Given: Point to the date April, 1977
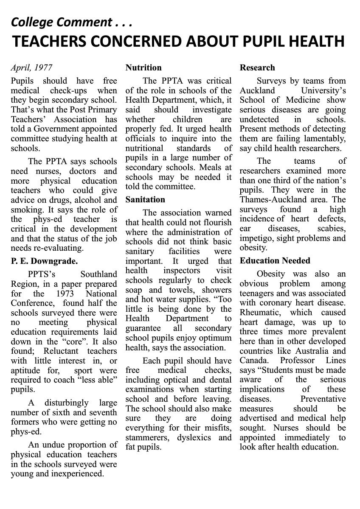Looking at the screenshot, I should [x=32, y=68].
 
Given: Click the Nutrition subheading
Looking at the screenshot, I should [x=143, y=68].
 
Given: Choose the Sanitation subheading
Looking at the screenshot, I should [x=145, y=200].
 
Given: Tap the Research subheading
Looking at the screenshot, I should [x=257, y=68].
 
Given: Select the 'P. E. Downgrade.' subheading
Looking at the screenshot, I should [x=44, y=261].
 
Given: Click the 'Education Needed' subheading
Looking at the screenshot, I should [x=275, y=261].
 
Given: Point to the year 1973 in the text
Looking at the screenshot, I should [x=65, y=294].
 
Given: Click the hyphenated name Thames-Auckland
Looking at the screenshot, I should [x=267, y=200].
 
